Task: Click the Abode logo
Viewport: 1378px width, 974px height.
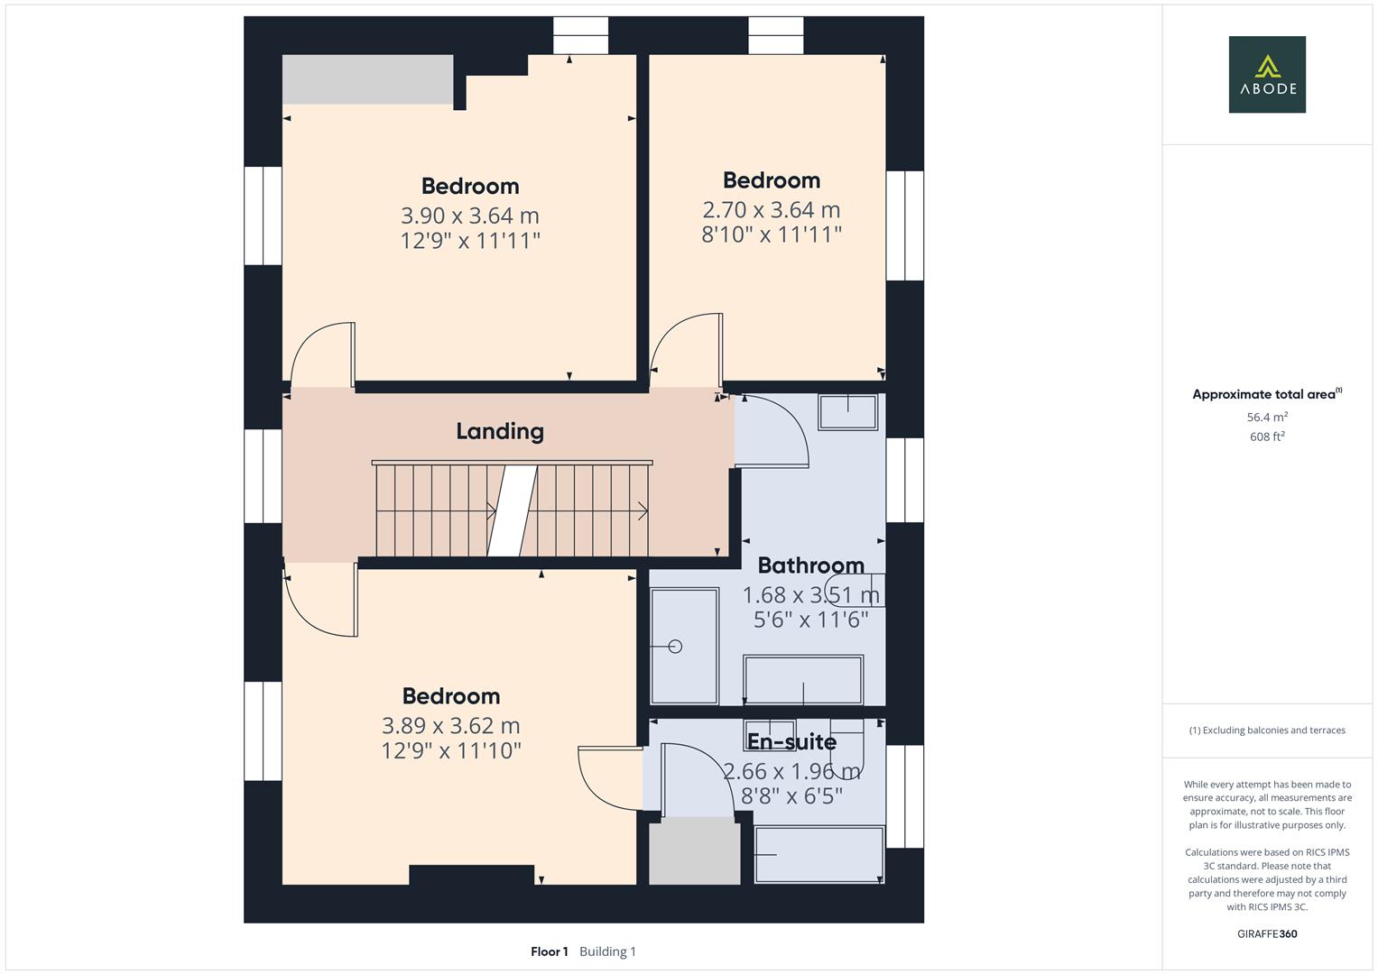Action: tap(1267, 74)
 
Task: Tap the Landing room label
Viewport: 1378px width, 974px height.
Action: tap(499, 431)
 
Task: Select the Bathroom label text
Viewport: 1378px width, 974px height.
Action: tap(810, 565)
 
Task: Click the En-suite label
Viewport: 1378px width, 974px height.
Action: tap(791, 741)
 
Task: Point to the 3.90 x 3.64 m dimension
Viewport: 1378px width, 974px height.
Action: tap(469, 216)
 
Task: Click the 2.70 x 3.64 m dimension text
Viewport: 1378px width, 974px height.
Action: tap(771, 210)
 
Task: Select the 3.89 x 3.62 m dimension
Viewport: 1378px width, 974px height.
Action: tap(450, 725)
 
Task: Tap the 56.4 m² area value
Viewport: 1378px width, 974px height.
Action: tap(1267, 418)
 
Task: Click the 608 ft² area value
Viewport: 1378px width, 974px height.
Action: tap(1267, 436)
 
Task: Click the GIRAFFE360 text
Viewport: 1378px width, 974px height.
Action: tap(1267, 933)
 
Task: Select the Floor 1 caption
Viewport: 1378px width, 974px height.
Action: tap(549, 951)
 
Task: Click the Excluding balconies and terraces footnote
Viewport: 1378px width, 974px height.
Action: tap(1267, 730)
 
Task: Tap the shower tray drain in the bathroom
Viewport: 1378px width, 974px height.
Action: tap(675, 647)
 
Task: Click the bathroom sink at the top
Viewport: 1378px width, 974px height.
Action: tap(847, 411)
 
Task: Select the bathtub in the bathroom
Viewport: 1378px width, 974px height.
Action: tap(802, 680)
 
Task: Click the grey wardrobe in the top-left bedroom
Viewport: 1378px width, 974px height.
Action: tap(367, 79)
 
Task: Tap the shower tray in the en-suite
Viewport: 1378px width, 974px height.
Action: tap(818, 854)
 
